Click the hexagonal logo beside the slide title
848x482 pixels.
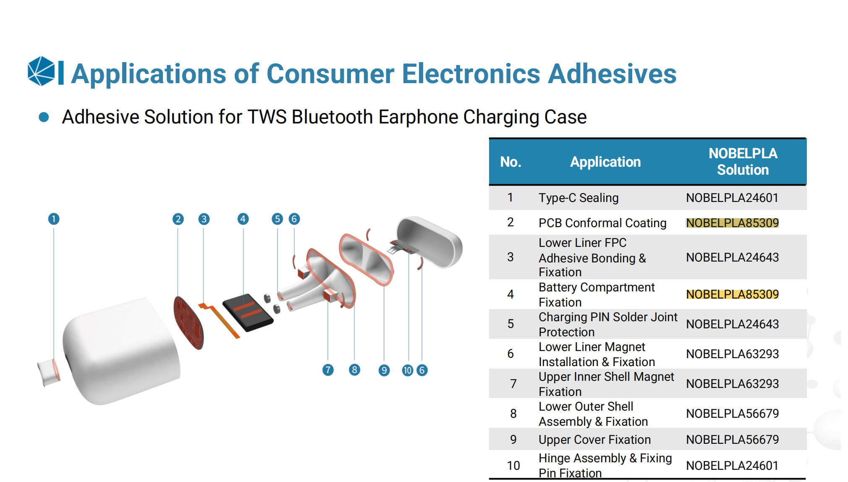(x=41, y=71)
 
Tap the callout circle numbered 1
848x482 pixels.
(x=54, y=219)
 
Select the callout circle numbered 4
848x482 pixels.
(x=243, y=219)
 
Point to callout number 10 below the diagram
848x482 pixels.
(x=407, y=370)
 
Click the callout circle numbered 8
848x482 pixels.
(x=354, y=370)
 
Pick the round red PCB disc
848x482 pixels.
(x=188, y=322)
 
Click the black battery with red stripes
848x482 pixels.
(x=248, y=312)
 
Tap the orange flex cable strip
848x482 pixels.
(x=220, y=320)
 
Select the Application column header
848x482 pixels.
(x=605, y=162)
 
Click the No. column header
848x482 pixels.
(x=510, y=162)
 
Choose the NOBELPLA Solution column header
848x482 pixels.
(x=743, y=162)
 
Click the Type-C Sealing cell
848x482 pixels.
(x=578, y=198)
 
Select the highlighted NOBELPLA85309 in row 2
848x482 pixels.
(x=732, y=223)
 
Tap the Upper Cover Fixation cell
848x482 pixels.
(x=594, y=440)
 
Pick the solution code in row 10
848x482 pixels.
(x=732, y=466)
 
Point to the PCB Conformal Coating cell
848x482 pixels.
(x=602, y=223)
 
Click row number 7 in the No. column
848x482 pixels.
(x=513, y=384)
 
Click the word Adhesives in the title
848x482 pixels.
(x=612, y=74)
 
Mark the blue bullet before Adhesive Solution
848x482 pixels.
(x=44, y=117)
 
